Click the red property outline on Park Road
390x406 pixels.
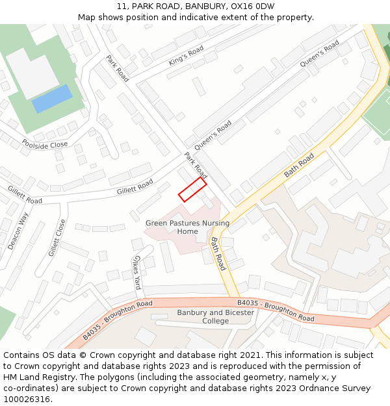(x=192, y=189)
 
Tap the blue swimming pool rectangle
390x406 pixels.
(x=52, y=98)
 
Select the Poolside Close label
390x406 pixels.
(x=44, y=144)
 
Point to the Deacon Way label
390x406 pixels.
(x=19, y=231)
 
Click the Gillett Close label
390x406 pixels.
(x=57, y=237)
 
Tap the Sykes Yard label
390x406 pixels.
(x=136, y=272)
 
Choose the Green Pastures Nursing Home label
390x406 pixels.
(x=187, y=227)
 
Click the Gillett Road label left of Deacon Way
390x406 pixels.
(x=25, y=195)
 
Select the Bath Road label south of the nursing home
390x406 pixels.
(x=218, y=253)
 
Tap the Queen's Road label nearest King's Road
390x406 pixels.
(x=319, y=55)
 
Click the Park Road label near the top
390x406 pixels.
(x=118, y=68)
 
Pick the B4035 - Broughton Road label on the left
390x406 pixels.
(x=118, y=320)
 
